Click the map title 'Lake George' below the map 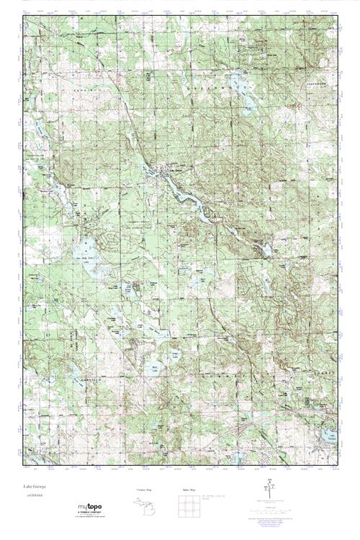pos(34,488)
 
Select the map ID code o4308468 pos(32,497)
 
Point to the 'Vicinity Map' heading pos(145,490)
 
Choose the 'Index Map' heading pos(189,490)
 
